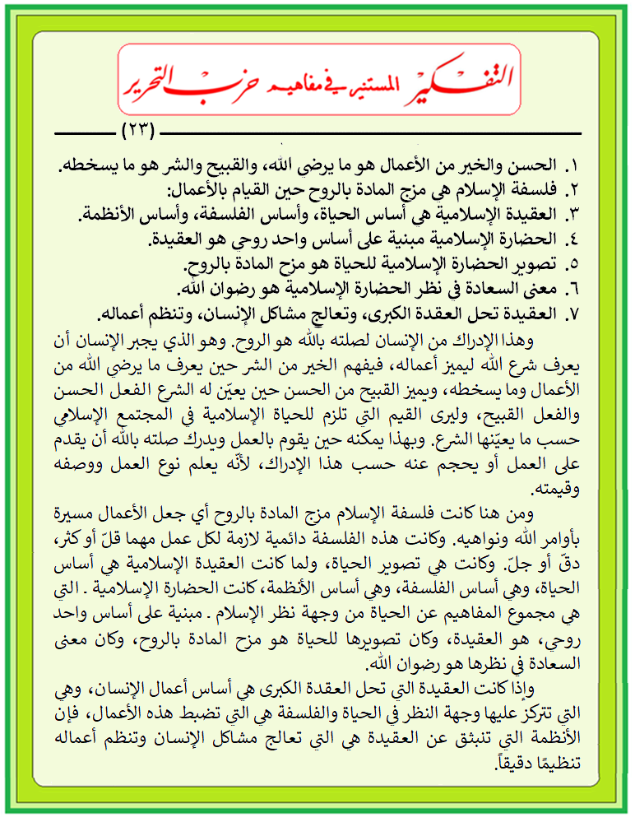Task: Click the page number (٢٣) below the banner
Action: pyautogui.click(x=138, y=132)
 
